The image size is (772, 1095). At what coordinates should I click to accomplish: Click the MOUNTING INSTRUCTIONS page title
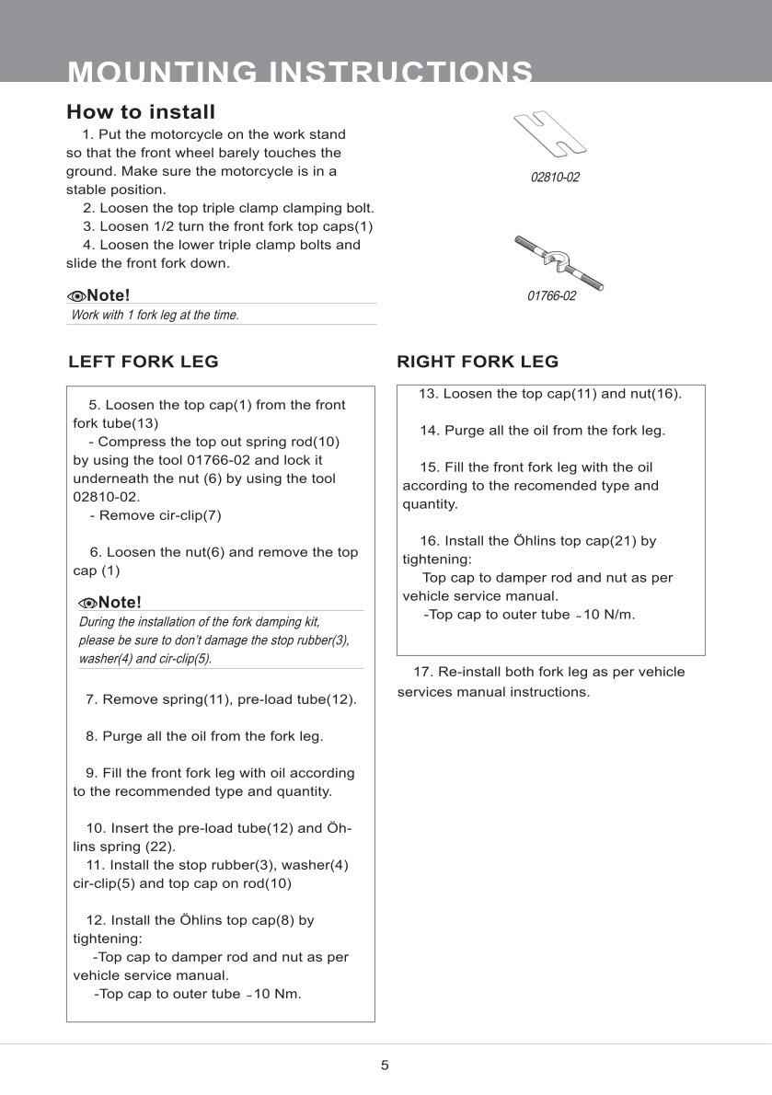(300, 72)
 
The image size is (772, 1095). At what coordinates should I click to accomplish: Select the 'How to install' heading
(141, 112)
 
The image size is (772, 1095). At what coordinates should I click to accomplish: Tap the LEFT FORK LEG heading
(144, 362)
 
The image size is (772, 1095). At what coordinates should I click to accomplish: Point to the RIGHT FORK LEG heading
(478, 362)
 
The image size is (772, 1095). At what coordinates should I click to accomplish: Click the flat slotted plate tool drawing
(550, 133)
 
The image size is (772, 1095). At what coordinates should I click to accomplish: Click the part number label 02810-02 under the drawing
(555, 177)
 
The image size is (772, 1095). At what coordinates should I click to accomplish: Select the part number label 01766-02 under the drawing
(551, 296)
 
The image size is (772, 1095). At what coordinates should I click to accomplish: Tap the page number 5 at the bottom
(385, 1066)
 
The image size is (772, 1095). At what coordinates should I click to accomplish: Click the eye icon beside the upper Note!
(76, 295)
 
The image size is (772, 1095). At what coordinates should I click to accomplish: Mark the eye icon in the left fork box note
(88, 603)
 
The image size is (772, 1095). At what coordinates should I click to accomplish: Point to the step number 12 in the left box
(95, 920)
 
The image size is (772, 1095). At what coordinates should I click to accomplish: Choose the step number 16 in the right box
(429, 541)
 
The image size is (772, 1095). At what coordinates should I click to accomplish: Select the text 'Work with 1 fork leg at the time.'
(155, 315)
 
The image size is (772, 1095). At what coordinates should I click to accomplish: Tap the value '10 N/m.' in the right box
(607, 614)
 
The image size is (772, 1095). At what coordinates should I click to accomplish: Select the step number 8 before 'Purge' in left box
(90, 736)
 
